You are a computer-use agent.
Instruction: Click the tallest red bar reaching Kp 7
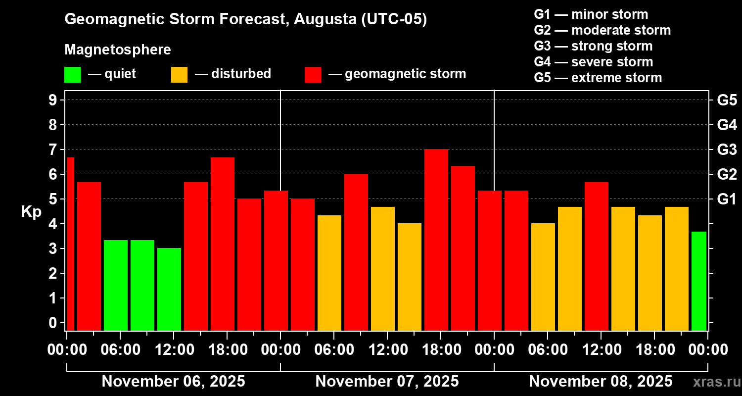436,240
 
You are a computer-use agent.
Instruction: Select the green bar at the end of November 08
698,281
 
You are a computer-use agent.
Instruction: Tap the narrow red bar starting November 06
70,244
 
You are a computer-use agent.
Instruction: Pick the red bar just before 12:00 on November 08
597,256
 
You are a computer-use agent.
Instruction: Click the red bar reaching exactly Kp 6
356,252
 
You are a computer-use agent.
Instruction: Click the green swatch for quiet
72,74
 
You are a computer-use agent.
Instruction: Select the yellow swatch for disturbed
179,74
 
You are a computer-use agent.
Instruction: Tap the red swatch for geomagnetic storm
313,74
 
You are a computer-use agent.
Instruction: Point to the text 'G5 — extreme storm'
598,78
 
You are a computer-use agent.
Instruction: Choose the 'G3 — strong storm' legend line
593,46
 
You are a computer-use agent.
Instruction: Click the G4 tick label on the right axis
727,125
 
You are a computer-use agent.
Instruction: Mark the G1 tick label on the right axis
727,199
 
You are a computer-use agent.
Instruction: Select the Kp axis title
31,212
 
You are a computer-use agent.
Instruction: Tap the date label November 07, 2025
387,382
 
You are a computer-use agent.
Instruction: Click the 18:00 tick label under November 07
440,350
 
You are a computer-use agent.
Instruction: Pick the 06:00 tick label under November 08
547,350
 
